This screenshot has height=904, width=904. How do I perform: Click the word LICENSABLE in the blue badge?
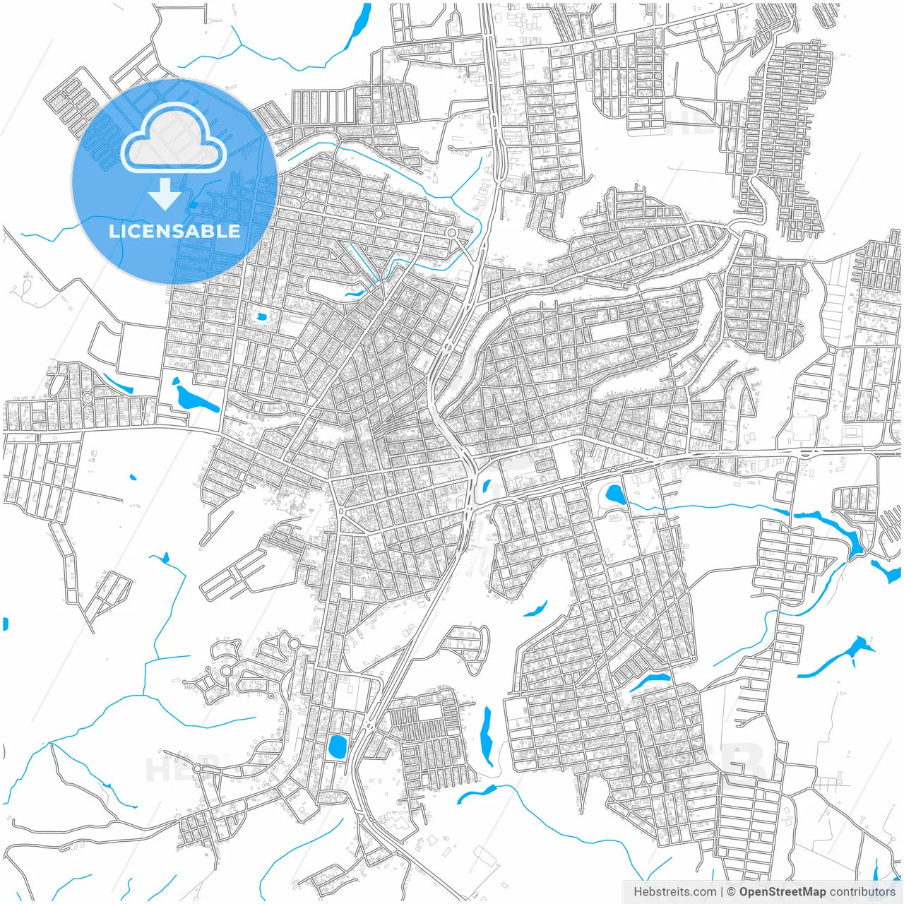coord(174,231)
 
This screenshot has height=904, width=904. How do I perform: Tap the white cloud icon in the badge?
coord(174,139)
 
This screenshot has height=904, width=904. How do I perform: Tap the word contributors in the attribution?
coord(862,892)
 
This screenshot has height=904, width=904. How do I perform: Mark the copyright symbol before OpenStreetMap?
coord(732,892)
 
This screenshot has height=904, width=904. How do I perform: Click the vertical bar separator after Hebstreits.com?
coord(722,892)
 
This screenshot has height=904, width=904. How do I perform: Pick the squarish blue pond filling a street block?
coord(337,746)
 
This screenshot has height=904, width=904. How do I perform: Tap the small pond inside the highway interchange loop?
coord(487,486)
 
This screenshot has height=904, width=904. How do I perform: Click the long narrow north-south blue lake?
coord(486,734)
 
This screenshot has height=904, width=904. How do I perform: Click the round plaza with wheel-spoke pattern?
coord(88,398)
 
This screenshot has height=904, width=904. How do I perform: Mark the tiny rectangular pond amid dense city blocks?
coord(263,317)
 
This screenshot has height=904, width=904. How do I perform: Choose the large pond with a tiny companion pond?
coord(191,398)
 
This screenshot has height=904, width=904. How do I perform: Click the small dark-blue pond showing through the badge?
coord(193,206)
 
